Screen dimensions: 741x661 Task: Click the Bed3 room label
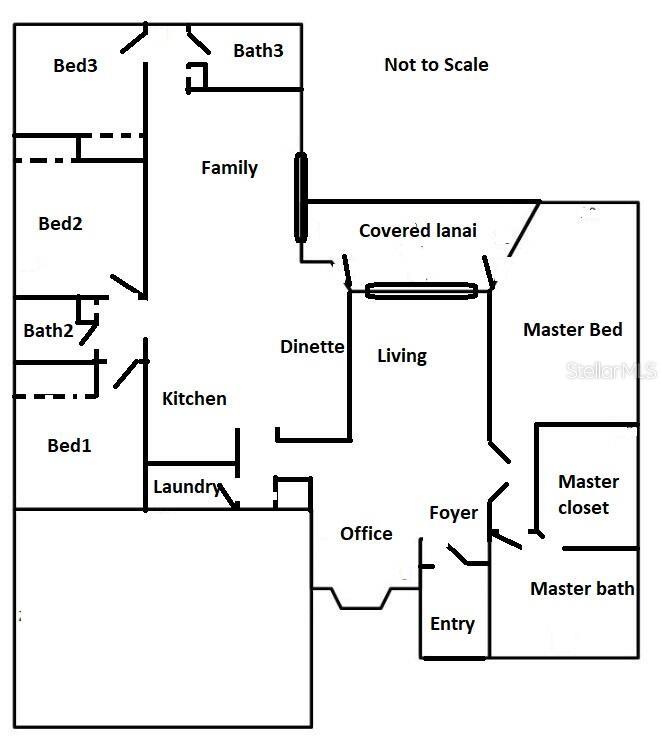pyautogui.click(x=75, y=66)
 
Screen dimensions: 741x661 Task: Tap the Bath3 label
pyautogui.click(x=258, y=50)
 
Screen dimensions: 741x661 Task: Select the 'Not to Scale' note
pyautogui.click(x=436, y=65)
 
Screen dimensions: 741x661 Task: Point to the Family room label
pyautogui.click(x=230, y=168)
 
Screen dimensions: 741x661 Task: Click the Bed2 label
pyautogui.click(x=60, y=224)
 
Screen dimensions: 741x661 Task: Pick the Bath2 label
pyautogui.click(x=49, y=330)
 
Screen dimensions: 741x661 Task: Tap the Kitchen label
pyautogui.click(x=194, y=399)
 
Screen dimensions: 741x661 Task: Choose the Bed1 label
pyautogui.click(x=69, y=445)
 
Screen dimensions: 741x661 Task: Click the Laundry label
pyautogui.click(x=186, y=487)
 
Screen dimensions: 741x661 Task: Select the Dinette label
pyautogui.click(x=312, y=347)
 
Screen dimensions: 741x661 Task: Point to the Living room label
pyautogui.click(x=402, y=355)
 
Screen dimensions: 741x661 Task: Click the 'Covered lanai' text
pyautogui.click(x=418, y=231)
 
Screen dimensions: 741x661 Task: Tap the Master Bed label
pyautogui.click(x=573, y=329)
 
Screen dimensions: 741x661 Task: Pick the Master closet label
pyautogui.click(x=588, y=494)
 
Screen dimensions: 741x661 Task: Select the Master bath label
pyautogui.click(x=581, y=588)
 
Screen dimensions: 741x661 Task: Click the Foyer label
pyautogui.click(x=453, y=513)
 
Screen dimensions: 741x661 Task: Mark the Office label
pyautogui.click(x=366, y=533)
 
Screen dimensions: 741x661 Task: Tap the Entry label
pyautogui.click(x=452, y=624)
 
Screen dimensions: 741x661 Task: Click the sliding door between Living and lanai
pyautogui.click(x=420, y=291)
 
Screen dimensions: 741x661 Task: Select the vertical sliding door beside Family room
pyautogui.click(x=300, y=197)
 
